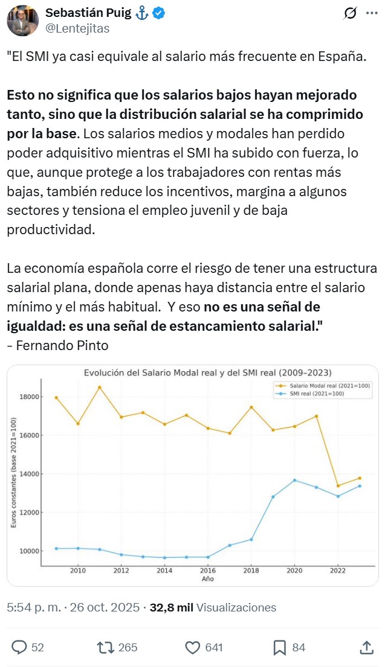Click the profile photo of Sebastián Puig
22,21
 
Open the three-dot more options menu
371,14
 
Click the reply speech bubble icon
19,647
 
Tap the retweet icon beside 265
106,647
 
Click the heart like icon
192,647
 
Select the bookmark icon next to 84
279,647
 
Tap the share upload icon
366,647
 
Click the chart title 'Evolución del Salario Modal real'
207,372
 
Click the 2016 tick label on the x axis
208,570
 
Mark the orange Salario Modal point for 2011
100,387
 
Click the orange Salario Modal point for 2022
338,486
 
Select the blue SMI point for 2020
294,480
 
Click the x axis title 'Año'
208,578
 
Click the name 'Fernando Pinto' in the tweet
62,345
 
